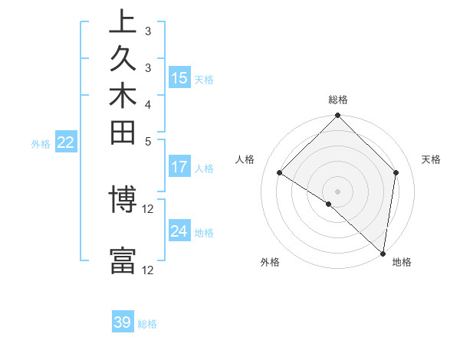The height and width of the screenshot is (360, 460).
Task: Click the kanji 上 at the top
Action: [x=123, y=22]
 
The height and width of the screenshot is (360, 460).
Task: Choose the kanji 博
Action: [x=123, y=200]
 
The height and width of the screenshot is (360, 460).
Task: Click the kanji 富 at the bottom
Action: [x=123, y=260]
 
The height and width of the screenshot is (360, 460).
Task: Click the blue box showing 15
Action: [x=179, y=77]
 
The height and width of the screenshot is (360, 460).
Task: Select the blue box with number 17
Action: [x=179, y=166]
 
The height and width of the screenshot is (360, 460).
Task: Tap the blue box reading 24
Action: [x=179, y=231]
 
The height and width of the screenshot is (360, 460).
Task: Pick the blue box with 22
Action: [x=66, y=142]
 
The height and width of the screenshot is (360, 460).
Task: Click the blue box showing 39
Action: [x=123, y=322]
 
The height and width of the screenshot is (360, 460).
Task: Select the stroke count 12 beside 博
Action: [x=148, y=208]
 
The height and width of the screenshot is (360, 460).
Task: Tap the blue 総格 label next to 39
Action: [x=148, y=324]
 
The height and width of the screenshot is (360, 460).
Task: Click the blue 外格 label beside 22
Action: [x=41, y=143]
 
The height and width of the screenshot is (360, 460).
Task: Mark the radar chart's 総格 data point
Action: [x=337, y=117]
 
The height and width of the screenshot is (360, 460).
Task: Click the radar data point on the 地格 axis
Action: [x=383, y=252]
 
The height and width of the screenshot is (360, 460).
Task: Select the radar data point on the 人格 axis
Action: [x=280, y=173]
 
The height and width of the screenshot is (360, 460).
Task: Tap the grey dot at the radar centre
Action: [x=337, y=191]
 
